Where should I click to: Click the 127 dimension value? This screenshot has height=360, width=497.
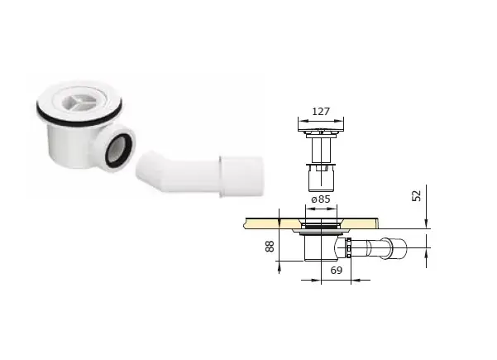[x=321, y=112]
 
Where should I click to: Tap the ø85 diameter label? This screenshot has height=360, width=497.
[x=321, y=199]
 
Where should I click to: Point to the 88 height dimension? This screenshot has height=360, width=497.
[x=270, y=246]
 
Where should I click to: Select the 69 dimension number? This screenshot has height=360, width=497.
[x=337, y=271]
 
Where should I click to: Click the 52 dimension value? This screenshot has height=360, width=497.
[x=417, y=195]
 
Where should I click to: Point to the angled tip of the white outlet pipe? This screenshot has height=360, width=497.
[x=144, y=166]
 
